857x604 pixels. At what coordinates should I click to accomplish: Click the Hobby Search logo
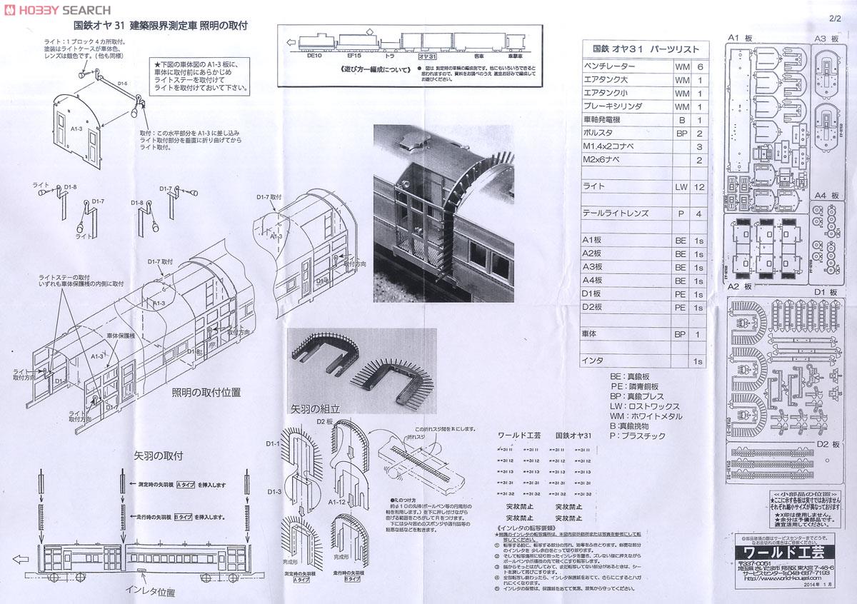[57, 10]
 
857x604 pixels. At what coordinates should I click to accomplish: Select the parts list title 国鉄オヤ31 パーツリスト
[646, 49]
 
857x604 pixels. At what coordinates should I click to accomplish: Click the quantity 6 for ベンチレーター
[700, 66]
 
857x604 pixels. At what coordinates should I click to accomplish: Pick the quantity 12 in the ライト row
[700, 186]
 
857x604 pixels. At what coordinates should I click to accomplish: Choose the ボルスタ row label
[598, 134]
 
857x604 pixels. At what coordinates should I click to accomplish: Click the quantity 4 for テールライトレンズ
[700, 214]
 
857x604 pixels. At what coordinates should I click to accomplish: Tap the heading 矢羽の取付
[159, 455]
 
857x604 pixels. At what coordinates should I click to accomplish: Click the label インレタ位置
[150, 591]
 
